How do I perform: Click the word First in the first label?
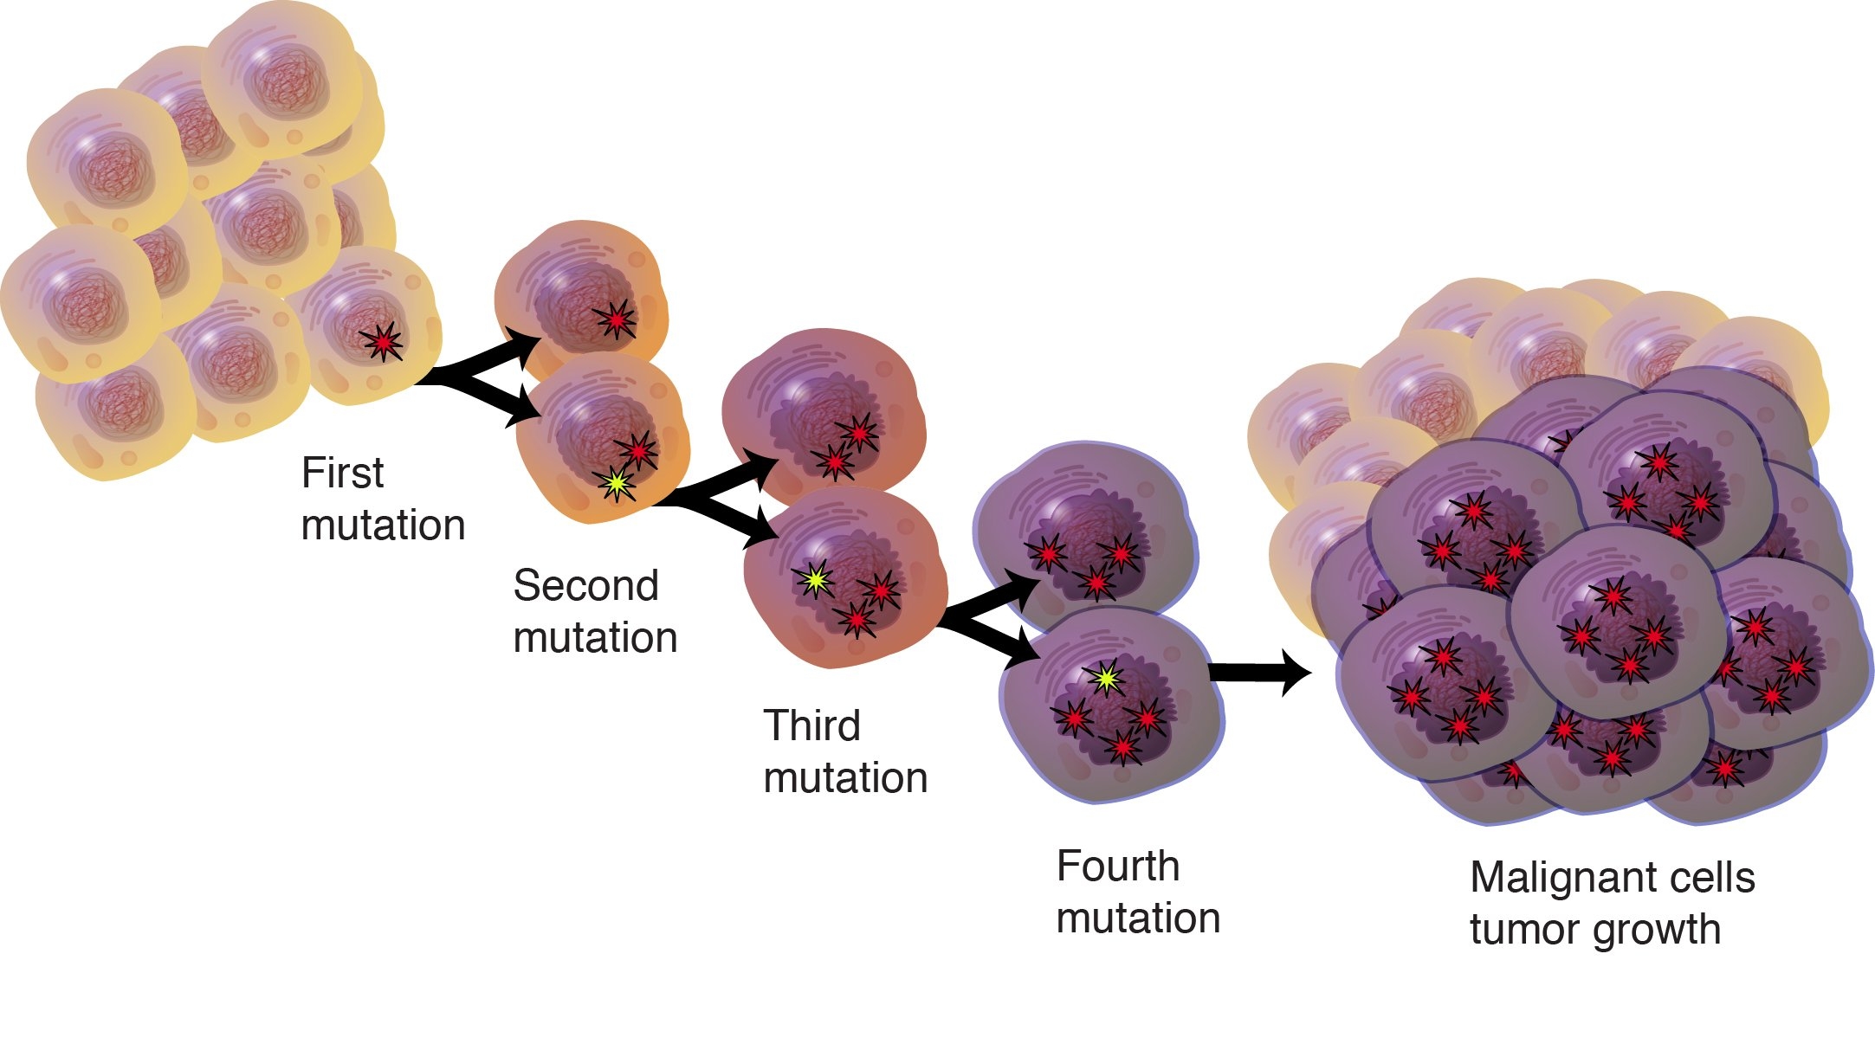click(342, 473)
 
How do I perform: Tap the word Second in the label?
click(585, 585)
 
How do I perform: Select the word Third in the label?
click(811, 725)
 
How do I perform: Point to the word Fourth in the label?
click(1118, 866)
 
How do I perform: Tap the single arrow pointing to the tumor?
click(1260, 673)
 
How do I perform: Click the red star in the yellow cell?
click(383, 342)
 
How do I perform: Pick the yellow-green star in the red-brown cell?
click(814, 581)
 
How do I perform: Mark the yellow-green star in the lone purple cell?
click(1105, 680)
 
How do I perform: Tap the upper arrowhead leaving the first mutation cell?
click(524, 345)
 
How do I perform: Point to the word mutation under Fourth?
click(1138, 918)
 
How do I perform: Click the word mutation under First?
click(383, 525)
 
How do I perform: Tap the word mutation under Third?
click(845, 777)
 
